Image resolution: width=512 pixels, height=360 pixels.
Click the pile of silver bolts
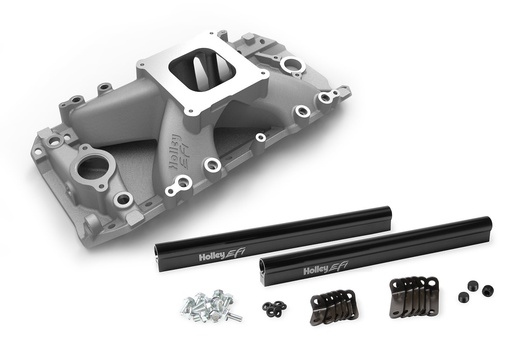click(207, 306)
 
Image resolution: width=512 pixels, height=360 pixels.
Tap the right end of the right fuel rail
click(486, 221)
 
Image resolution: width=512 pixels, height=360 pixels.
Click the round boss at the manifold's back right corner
click(293, 67)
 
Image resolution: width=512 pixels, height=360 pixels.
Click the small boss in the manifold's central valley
click(260, 137)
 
